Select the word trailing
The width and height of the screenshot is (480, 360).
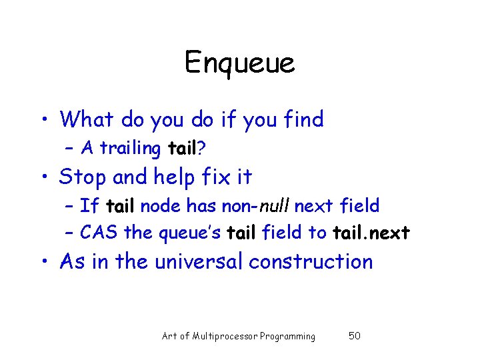click(130, 149)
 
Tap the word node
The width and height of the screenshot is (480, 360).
click(160, 206)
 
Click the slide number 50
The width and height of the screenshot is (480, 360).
click(355, 336)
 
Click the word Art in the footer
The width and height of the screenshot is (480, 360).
click(169, 336)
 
